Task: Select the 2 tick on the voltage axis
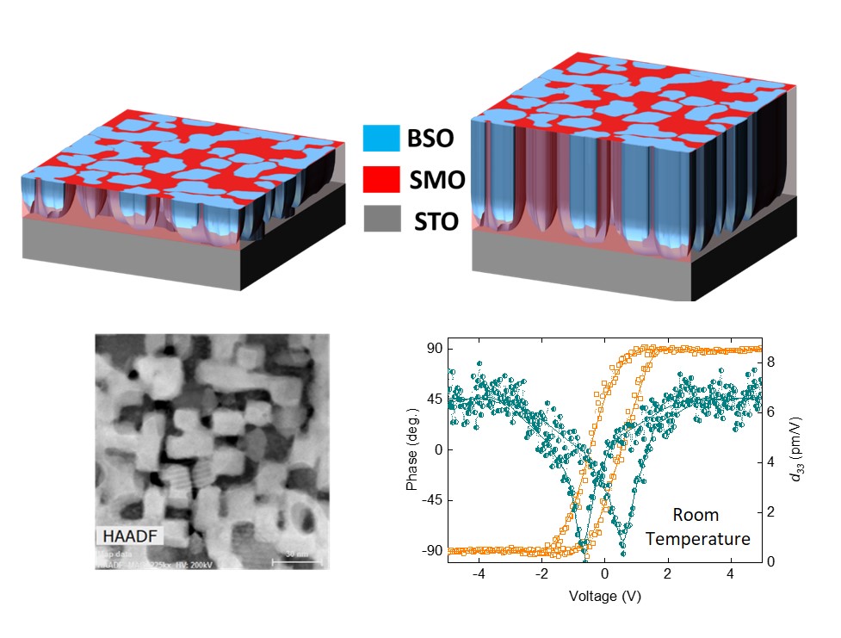[x=669, y=574]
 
